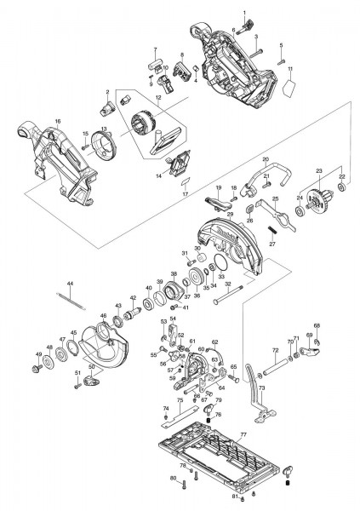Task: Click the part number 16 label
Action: tap(58, 122)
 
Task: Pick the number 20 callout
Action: tap(266, 159)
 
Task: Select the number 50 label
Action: tap(91, 366)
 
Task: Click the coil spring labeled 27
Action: tap(272, 231)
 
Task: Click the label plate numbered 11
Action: tap(289, 86)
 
